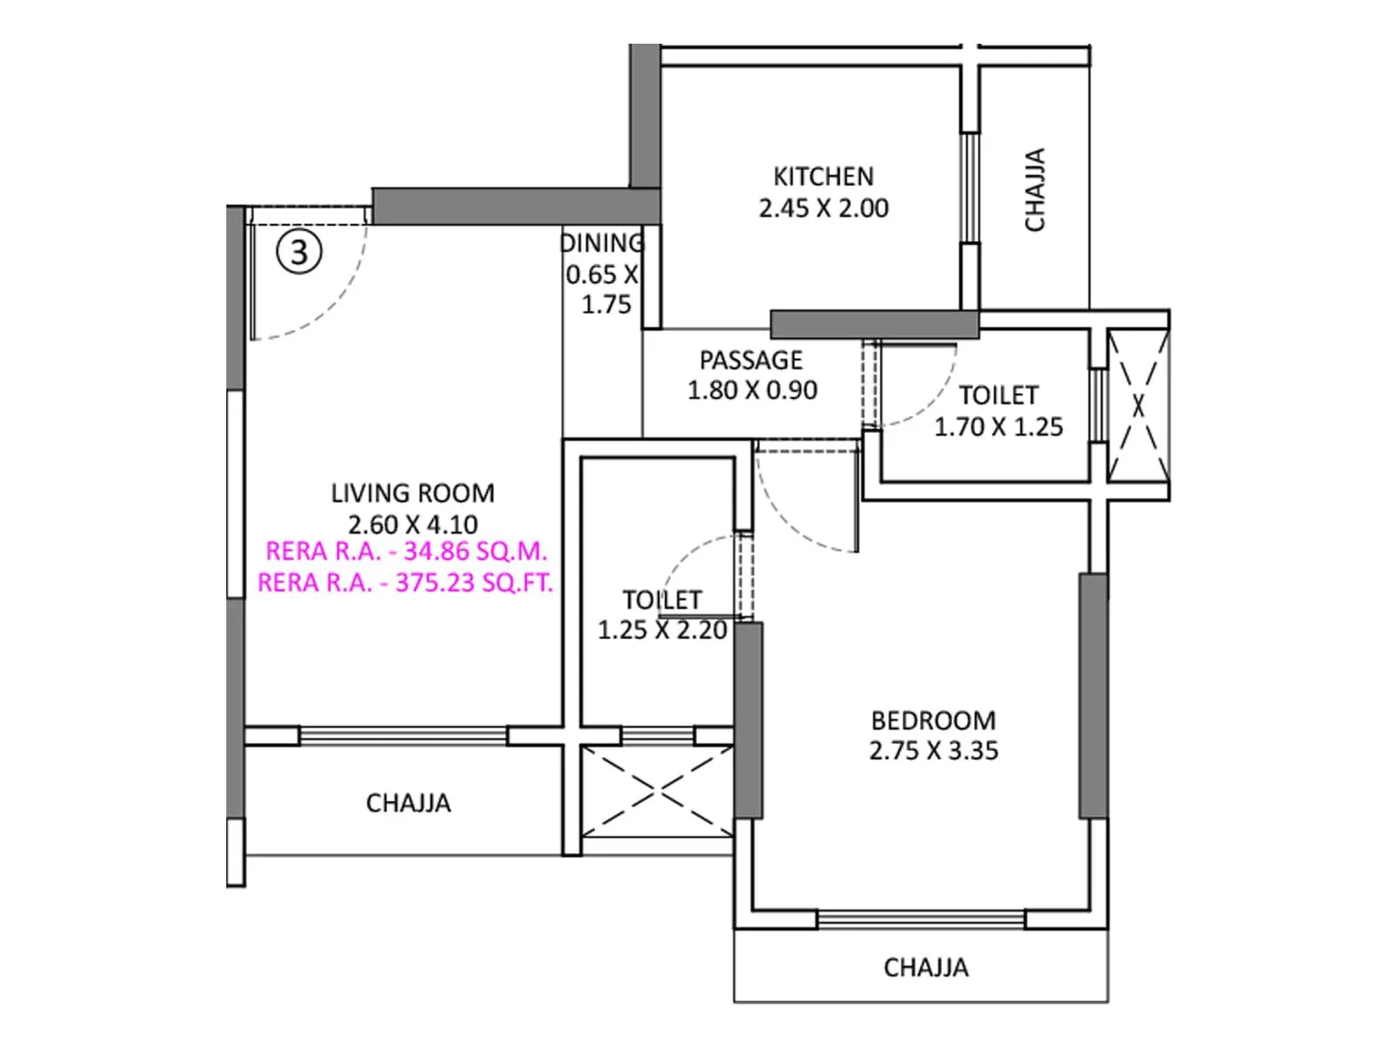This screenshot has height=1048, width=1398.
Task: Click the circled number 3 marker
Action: click(x=300, y=252)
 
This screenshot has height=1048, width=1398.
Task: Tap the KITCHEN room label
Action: click(x=823, y=176)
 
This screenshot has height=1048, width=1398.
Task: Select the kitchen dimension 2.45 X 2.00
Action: click(x=823, y=209)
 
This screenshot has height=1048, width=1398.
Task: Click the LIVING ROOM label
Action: click(x=412, y=493)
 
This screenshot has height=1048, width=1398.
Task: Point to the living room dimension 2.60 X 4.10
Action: click(x=412, y=525)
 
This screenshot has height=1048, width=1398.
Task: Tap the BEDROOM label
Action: click(x=933, y=720)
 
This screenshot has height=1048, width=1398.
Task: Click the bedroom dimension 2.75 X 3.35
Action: click(x=933, y=751)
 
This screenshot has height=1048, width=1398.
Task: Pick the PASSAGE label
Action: click(x=751, y=360)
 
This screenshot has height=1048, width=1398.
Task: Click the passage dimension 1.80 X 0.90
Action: click(x=751, y=390)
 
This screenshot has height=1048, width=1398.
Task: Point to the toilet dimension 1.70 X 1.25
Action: click(x=998, y=427)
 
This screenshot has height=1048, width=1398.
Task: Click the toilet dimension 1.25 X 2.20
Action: click(x=661, y=630)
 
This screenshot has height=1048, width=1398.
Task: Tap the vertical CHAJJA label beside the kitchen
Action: click(x=1035, y=190)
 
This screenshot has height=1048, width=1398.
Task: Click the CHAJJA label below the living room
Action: click(x=408, y=803)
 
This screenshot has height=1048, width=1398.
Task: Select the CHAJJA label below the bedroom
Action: click(x=925, y=968)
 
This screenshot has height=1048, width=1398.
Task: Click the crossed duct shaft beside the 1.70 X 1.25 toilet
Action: click(x=1138, y=405)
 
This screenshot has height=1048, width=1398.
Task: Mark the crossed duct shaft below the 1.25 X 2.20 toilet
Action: click(x=657, y=792)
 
